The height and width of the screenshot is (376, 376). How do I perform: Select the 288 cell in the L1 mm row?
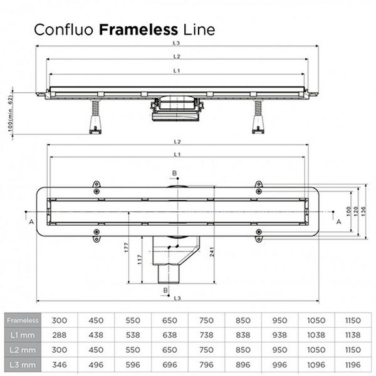61,335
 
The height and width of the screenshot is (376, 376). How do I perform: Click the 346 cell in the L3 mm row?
61,363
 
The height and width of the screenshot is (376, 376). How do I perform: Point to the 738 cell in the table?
207,335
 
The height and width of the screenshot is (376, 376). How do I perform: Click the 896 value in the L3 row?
244,363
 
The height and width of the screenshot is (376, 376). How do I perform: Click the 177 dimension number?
127,246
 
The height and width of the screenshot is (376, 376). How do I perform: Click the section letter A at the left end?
31,221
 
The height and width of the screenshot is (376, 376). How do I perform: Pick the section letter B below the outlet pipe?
165,290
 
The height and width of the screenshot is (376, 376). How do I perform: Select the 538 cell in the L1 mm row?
134,335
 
